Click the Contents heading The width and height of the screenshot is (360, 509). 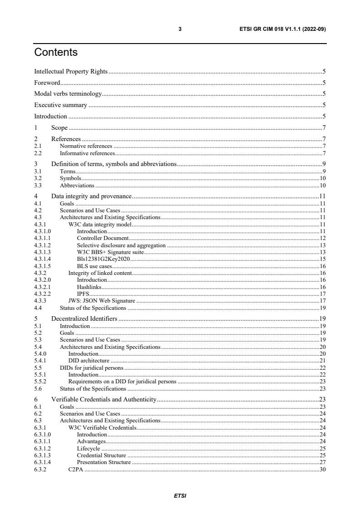pos(56,53)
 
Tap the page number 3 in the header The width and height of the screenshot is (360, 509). pos(180,29)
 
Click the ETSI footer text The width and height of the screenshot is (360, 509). pos(180,495)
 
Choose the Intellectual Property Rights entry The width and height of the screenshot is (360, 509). pos(71,71)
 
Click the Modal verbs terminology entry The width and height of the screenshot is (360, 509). pos(68,94)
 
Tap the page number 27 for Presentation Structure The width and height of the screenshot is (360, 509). pos(323,462)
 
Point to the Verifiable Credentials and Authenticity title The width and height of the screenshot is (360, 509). pos(104,399)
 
